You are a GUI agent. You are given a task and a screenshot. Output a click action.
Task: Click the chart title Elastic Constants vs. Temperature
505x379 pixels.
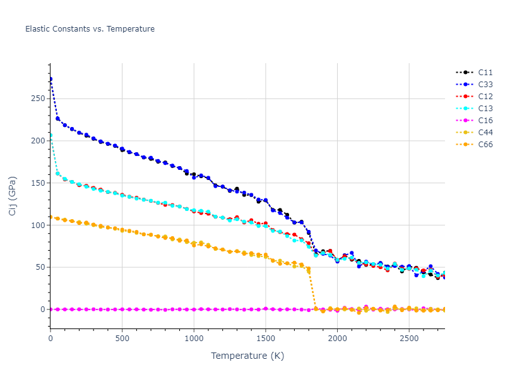90,29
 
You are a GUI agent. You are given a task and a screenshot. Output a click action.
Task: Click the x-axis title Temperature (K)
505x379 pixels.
247,356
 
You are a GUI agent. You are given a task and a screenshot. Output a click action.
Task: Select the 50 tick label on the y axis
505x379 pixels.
41,267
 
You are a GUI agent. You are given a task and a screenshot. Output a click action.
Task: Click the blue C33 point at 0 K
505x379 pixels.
50,79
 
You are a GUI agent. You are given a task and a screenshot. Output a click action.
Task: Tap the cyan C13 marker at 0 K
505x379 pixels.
50,135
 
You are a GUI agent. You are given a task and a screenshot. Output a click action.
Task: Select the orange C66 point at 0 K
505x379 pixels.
50,217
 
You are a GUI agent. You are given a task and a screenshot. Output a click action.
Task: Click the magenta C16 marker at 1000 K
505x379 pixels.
194,310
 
